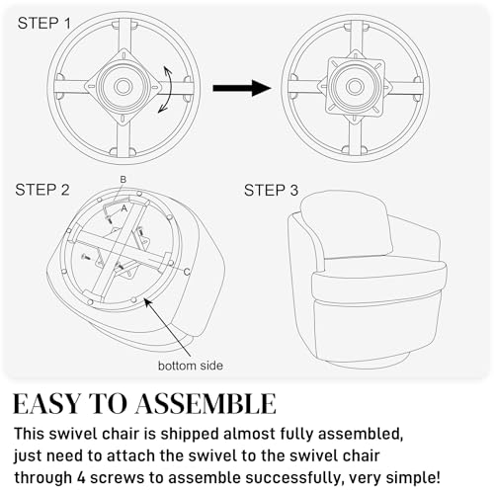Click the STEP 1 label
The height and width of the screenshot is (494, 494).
coord(44,24)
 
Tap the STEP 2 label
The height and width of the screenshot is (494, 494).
coord(42,190)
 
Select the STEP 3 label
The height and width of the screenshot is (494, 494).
coord(271,191)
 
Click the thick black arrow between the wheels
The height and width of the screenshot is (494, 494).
coord(242,88)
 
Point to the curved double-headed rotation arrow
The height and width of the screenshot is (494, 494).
coord(169,90)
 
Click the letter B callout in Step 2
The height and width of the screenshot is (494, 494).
coord(123,180)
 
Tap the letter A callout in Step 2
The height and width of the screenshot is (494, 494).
coord(123,208)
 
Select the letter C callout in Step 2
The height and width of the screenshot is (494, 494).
coord(187,272)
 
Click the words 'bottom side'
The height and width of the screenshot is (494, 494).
coord(191,366)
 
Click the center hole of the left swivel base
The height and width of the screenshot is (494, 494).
coord(123,86)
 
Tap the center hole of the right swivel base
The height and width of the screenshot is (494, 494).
coord(355,87)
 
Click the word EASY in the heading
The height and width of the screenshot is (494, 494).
coord(46,404)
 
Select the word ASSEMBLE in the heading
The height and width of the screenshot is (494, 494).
coord(206,404)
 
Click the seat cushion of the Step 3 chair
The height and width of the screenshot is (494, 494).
coord(378,277)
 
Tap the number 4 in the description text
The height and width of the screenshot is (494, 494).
coord(81,477)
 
